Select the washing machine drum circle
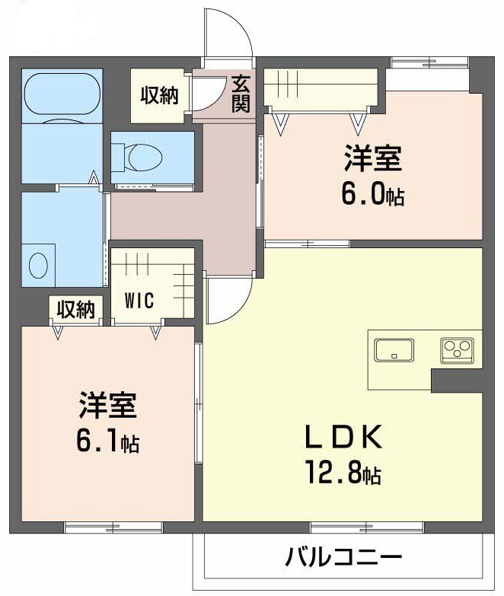click(38, 265)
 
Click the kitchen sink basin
click(394, 350)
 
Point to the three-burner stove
click(457, 349)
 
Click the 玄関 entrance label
click(241, 93)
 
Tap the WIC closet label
click(139, 300)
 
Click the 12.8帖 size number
click(341, 475)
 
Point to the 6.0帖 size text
click(372, 195)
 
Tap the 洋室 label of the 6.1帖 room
click(107, 406)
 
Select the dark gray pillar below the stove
click(455, 379)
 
